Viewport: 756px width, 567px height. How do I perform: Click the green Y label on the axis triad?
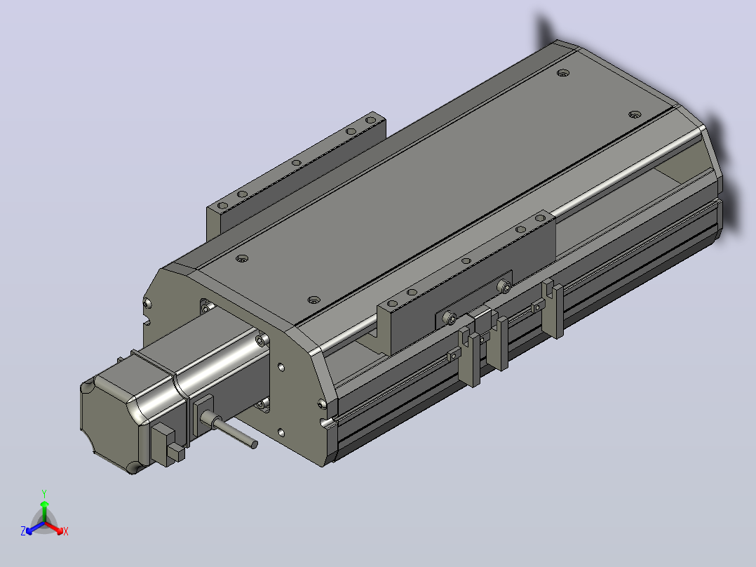point(44,493)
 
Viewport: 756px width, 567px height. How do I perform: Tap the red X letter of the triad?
point(66,531)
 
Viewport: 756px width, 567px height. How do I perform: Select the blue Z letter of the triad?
point(23,531)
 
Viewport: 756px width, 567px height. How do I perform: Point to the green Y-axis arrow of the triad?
point(44,511)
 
